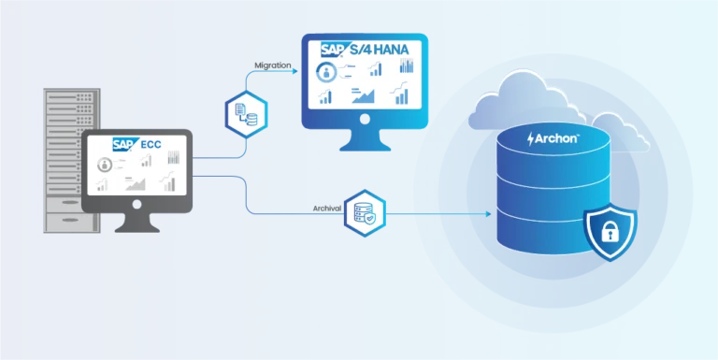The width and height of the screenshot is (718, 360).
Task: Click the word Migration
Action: coord(273,65)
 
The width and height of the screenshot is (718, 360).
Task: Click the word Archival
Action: coord(326,208)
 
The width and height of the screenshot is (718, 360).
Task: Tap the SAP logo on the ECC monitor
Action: coord(125,144)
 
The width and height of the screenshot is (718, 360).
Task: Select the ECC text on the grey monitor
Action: coord(151,144)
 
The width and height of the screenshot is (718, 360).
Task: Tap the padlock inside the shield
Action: coord(609,230)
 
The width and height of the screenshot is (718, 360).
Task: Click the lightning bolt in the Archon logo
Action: coord(531,138)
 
